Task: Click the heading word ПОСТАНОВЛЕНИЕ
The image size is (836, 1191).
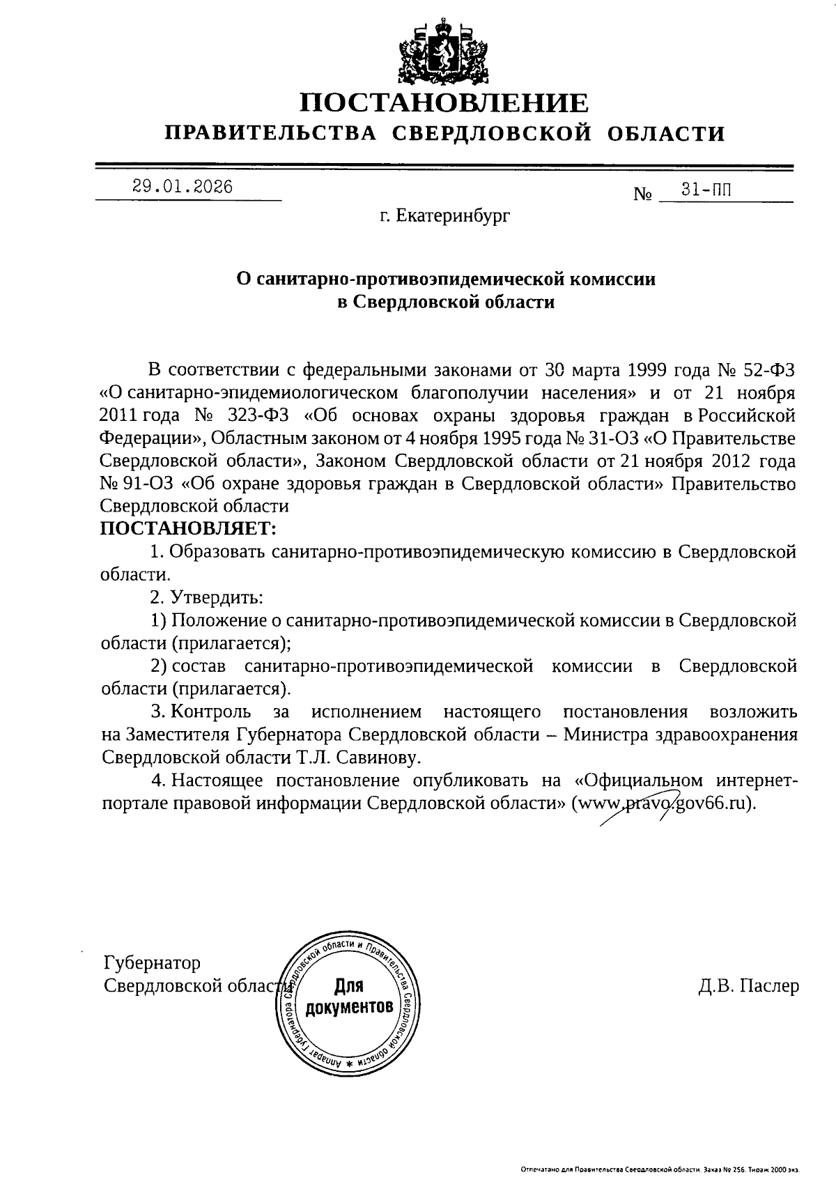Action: pyautogui.click(x=444, y=103)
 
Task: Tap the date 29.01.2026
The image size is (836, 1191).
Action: pyautogui.click(x=182, y=187)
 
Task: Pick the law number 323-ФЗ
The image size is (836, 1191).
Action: pyautogui.click(x=254, y=415)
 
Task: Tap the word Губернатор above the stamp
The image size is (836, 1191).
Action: pyautogui.click(x=152, y=962)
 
